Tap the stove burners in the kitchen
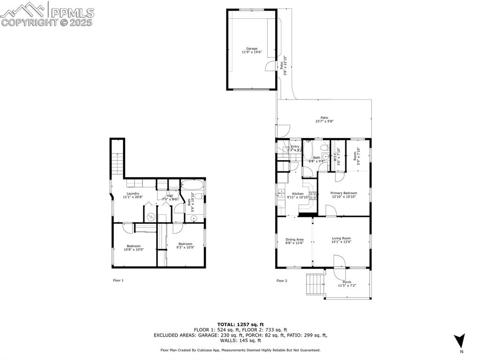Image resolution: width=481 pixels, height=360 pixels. (x=312, y=195)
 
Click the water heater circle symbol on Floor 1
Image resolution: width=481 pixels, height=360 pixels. (x=151, y=216)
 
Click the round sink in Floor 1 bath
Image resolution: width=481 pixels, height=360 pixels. (x=194, y=217)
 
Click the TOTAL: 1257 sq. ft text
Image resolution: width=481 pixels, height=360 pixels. (x=240, y=324)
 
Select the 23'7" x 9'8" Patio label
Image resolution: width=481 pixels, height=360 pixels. (x=324, y=120)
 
